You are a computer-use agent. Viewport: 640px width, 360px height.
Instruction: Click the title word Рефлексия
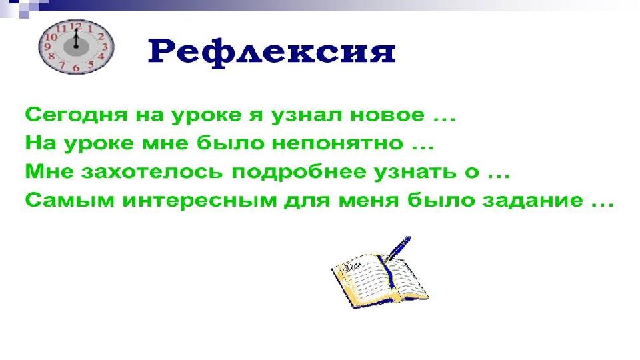tap(271, 52)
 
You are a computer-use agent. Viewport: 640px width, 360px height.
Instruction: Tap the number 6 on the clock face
tap(76, 68)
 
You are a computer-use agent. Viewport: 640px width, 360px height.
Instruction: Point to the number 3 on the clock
tap(105, 47)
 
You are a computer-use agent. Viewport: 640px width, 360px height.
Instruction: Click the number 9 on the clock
tap(47, 47)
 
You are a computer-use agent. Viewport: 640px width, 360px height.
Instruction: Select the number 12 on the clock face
tap(76, 27)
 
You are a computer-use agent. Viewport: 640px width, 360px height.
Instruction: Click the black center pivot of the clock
tap(76, 47)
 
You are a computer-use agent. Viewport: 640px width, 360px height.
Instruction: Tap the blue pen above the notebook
tap(397, 248)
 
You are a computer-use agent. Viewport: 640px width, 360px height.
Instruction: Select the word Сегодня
tap(76, 115)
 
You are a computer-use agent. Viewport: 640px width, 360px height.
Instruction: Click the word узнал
tap(306, 115)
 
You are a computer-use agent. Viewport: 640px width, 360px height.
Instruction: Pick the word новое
tap(387, 115)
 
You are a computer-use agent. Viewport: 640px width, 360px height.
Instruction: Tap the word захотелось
tap(152, 172)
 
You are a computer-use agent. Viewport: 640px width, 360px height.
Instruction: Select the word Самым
tap(70, 200)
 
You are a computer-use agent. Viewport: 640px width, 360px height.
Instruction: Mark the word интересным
tap(200, 201)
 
